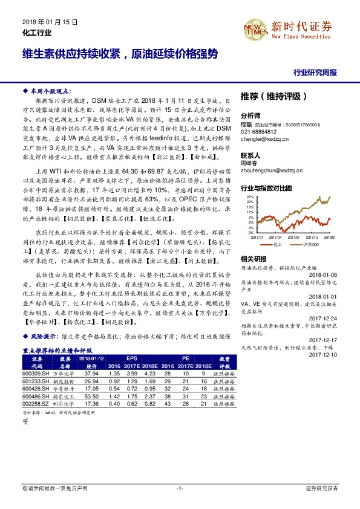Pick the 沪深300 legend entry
tap(306, 246)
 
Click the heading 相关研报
tap(253, 259)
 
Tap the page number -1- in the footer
tap(180, 487)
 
